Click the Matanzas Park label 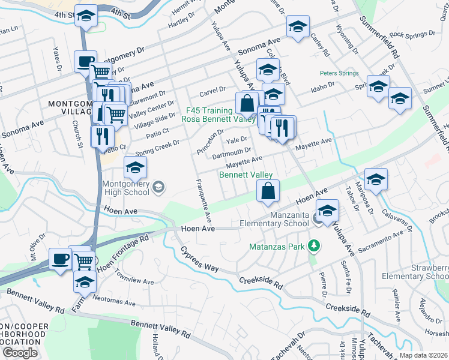277,246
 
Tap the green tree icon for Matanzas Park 312,245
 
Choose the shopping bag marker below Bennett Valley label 268,192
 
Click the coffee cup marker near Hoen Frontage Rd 59,259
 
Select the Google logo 20,353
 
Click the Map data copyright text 424,355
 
